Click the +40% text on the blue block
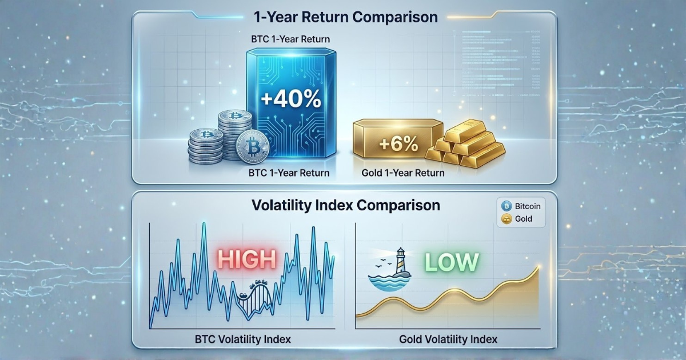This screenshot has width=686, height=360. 290,98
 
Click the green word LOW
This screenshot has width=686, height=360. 450,262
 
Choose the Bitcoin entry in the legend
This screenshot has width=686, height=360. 521,206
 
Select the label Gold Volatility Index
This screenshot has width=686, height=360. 448,339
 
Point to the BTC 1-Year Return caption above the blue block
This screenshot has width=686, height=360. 290,39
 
